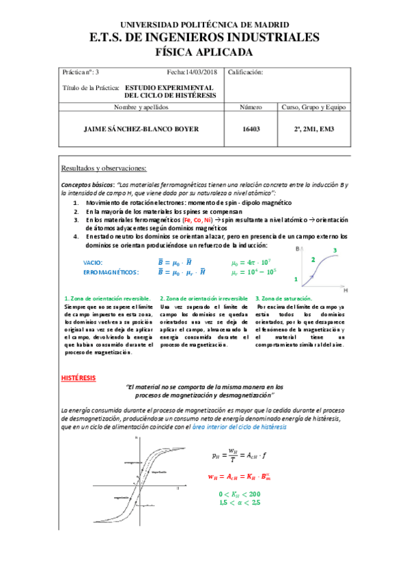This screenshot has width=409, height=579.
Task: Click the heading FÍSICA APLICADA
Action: tap(204, 52)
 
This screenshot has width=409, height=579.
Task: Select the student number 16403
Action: tap(251, 128)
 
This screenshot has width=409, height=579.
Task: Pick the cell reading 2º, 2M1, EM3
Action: tap(313, 128)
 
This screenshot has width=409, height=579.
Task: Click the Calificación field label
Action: tap(245, 72)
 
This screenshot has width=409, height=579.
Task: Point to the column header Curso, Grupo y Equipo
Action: tap(314, 107)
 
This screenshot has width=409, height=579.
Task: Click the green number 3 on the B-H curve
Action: tap(335, 251)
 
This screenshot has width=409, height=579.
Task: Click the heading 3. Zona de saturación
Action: tap(283, 298)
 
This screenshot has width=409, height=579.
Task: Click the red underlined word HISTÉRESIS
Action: tap(79, 378)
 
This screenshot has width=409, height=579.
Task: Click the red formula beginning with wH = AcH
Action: tap(246, 477)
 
